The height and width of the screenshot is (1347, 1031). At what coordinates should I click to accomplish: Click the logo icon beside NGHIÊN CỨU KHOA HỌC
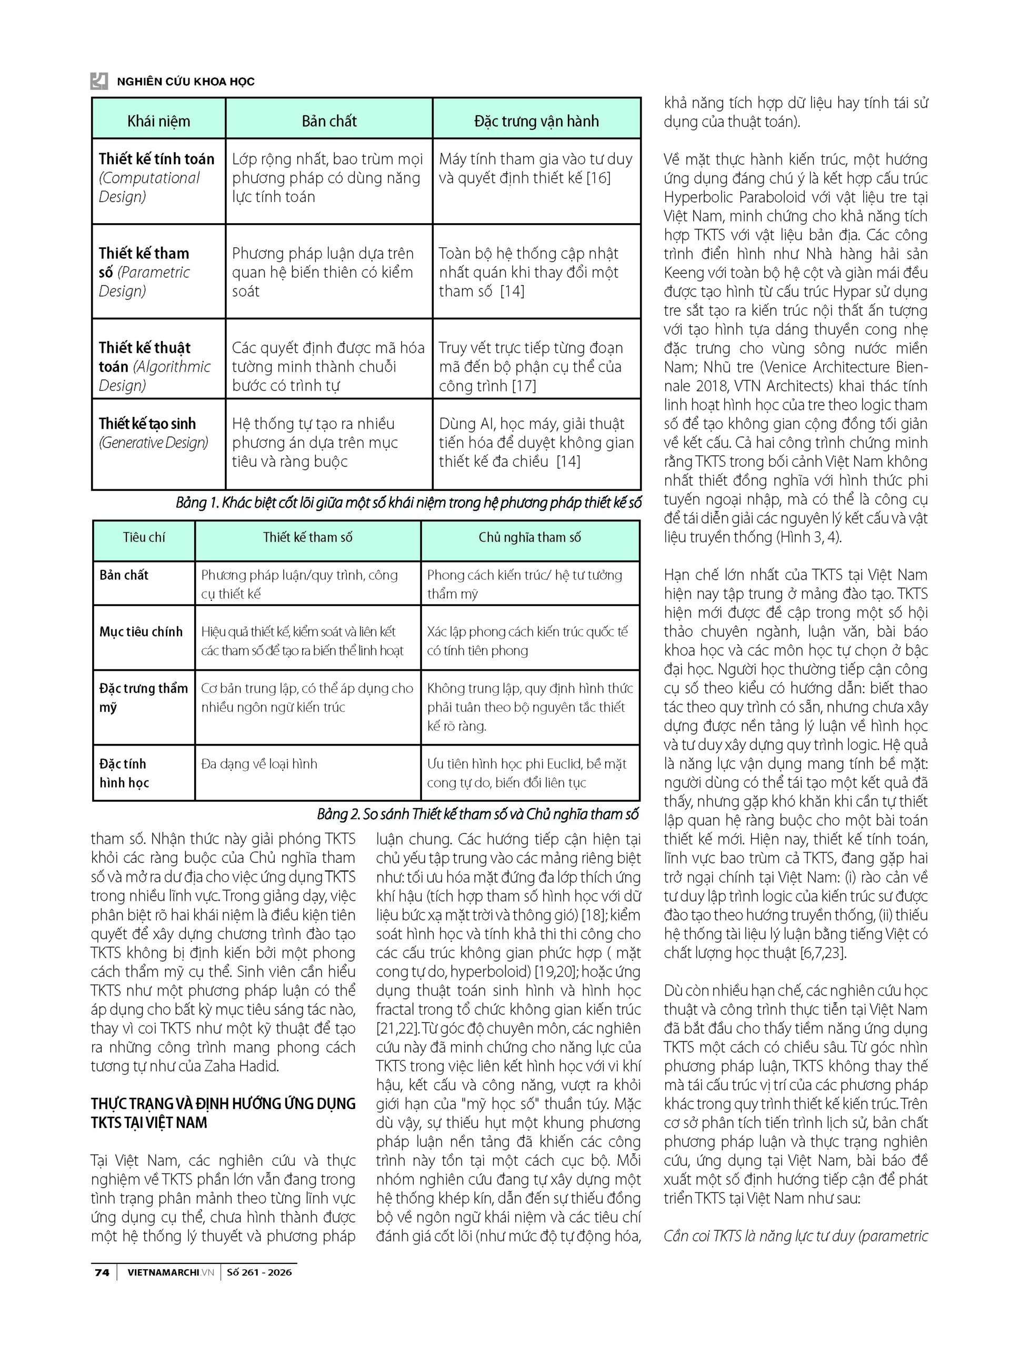point(99,81)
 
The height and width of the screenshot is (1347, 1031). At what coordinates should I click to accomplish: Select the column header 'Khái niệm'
point(158,121)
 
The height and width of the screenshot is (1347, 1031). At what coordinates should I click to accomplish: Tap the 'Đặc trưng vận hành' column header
point(536,121)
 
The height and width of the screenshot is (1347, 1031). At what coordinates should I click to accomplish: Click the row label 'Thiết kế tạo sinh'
point(147,423)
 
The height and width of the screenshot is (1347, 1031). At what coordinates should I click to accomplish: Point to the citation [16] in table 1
point(598,178)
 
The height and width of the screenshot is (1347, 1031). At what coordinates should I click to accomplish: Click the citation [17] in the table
point(524,386)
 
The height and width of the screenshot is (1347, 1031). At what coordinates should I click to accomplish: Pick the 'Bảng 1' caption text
point(408,503)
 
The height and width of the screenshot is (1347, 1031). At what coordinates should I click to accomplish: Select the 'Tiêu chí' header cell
point(144,537)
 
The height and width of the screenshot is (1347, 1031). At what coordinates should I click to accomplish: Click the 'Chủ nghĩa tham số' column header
point(529,537)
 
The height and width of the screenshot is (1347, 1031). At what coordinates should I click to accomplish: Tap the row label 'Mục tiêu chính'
point(141,632)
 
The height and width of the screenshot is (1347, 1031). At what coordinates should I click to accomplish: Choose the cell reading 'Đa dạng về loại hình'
point(259,763)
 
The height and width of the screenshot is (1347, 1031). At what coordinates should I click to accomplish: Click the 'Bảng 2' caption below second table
point(477,814)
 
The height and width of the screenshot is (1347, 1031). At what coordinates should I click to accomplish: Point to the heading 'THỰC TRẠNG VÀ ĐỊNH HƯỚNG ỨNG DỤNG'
point(223,1103)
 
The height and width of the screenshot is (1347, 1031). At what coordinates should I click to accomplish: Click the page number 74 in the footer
point(102,1272)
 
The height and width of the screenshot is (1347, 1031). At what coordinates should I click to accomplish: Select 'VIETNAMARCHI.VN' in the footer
point(171,1272)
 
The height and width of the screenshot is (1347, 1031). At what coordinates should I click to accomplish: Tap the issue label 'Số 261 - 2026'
point(259,1272)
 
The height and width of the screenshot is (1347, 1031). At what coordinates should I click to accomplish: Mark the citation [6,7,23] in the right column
point(824,952)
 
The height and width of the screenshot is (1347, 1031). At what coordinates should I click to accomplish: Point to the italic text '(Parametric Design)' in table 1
point(144,282)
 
